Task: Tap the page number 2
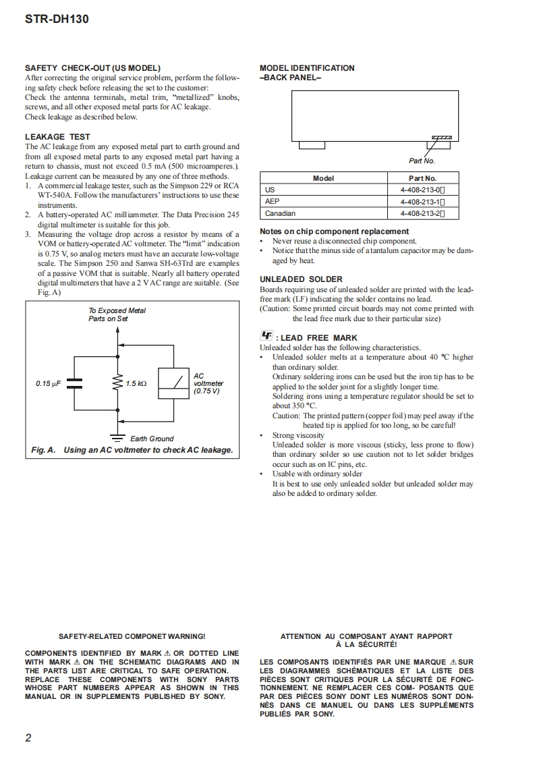coord(28,737)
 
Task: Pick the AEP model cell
coord(272,202)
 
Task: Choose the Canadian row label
coord(280,214)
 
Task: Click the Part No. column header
coord(422,178)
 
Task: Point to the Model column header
coord(324,178)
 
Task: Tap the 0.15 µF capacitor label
coord(49,384)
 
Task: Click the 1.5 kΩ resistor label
coord(136,384)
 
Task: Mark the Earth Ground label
coord(152,439)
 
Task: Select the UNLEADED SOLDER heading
coord(301,279)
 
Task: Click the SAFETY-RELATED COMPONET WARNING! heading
coord(132,636)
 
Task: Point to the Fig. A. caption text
coord(132,450)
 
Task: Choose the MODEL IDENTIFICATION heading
coord(306,68)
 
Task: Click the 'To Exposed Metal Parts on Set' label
coord(117,314)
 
